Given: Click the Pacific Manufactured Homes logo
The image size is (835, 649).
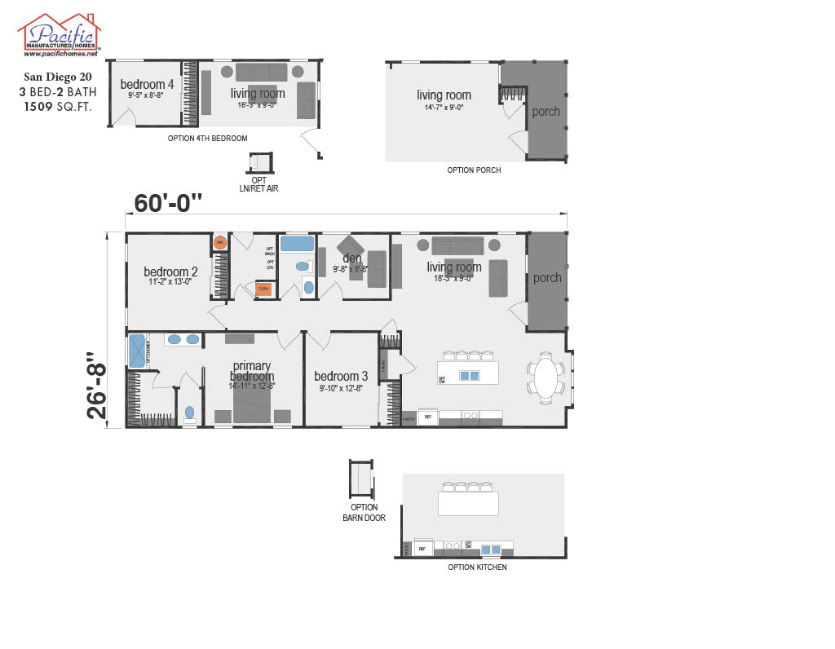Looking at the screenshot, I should (59, 35).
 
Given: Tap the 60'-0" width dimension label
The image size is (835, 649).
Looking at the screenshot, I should (168, 203).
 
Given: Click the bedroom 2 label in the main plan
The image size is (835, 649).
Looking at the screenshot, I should (170, 272).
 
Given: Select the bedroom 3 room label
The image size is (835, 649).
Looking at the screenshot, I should (341, 376).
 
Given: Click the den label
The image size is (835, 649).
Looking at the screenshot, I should (351, 258).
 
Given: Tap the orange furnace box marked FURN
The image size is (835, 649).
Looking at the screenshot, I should (263, 289).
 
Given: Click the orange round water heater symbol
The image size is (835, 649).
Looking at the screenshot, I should (219, 242).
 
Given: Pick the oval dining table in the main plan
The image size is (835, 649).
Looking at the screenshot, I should (546, 378).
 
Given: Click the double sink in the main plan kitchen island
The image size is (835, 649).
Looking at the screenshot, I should (470, 376).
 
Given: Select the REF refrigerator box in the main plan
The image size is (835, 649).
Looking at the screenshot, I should (428, 417).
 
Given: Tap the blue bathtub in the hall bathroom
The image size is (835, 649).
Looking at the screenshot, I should (297, 244).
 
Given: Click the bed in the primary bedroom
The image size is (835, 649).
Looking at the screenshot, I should (252, 403).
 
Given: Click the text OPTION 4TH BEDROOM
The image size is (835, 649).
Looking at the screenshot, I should (207, 139).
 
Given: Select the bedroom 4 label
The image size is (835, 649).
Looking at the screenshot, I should (147, 85).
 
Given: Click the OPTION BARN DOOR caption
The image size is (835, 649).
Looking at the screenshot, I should (360, 512).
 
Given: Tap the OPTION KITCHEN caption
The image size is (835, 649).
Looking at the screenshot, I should (477, 567).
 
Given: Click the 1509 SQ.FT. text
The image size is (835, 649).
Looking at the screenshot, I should (58, 106).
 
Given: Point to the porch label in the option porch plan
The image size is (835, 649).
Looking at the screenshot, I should (546, 112).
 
